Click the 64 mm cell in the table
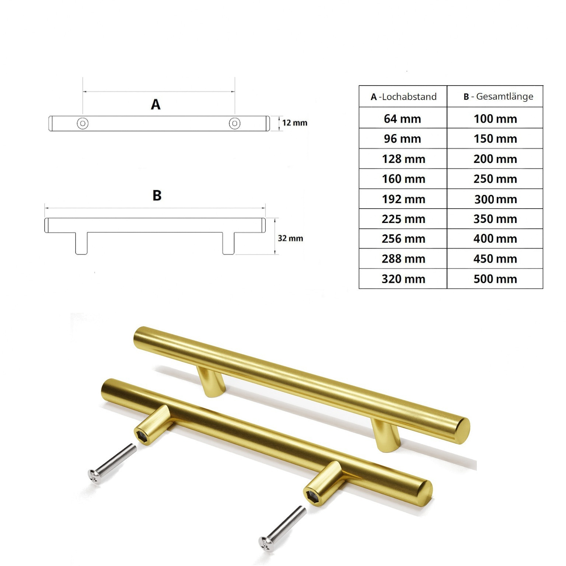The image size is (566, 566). [x=402, y=119]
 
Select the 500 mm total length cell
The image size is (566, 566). [x=495, y=279]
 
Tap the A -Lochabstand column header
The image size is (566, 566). [x=403, y=97]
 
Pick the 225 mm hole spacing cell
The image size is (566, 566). [x=403, y=219]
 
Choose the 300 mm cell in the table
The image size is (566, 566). [x=495, y=199]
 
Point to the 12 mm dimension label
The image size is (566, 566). [x=294, y=123]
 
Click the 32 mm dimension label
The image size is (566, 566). [x=290, y=238]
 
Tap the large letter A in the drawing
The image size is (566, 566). [x=156, y=105]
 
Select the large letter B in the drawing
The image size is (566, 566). [x=157, y=195]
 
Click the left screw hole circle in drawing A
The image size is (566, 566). [x=83, y=123]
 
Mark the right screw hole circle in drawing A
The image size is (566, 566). [x=235, y=123]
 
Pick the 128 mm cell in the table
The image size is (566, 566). [x=403, y=159]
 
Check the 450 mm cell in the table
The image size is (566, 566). [x=495, y=259]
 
